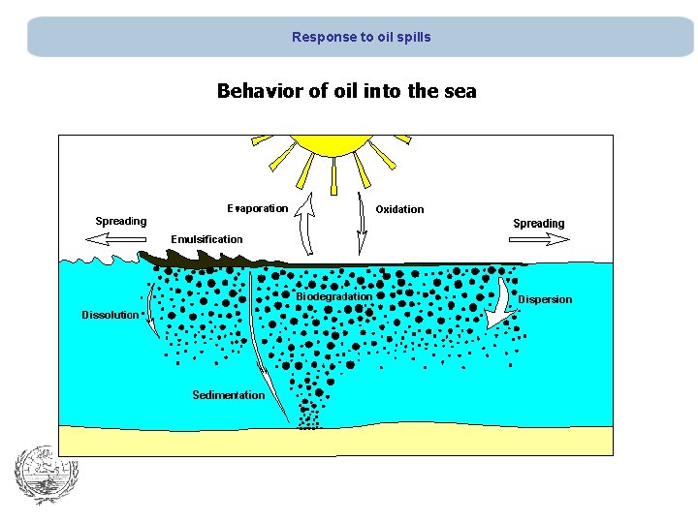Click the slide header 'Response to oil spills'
pos(361,37)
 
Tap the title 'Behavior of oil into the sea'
pos(347,91)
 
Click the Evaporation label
pos(257,208)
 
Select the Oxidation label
pos(399,209)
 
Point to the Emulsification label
pos(206,239)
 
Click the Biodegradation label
pos(333,296)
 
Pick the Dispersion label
pos(545,299)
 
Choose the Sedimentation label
pos(228,395)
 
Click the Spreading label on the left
pos(121,221)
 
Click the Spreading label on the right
pos(538,224)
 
